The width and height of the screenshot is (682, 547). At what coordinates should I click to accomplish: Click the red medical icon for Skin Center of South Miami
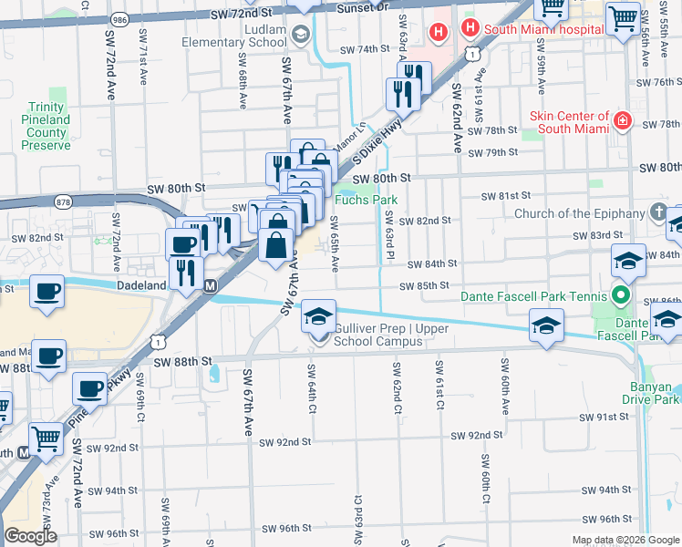point(623,121)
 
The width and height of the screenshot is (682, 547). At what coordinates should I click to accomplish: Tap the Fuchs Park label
point(363,200)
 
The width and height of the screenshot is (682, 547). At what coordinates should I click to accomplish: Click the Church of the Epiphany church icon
point(660,214)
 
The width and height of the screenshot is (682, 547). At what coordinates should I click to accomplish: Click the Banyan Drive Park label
point(651,391)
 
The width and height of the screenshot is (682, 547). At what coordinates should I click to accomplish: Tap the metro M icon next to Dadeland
point(211,285)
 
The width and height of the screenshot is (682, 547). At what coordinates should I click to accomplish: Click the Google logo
point(30,536)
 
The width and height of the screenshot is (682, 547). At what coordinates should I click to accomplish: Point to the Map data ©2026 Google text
point(625,540)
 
